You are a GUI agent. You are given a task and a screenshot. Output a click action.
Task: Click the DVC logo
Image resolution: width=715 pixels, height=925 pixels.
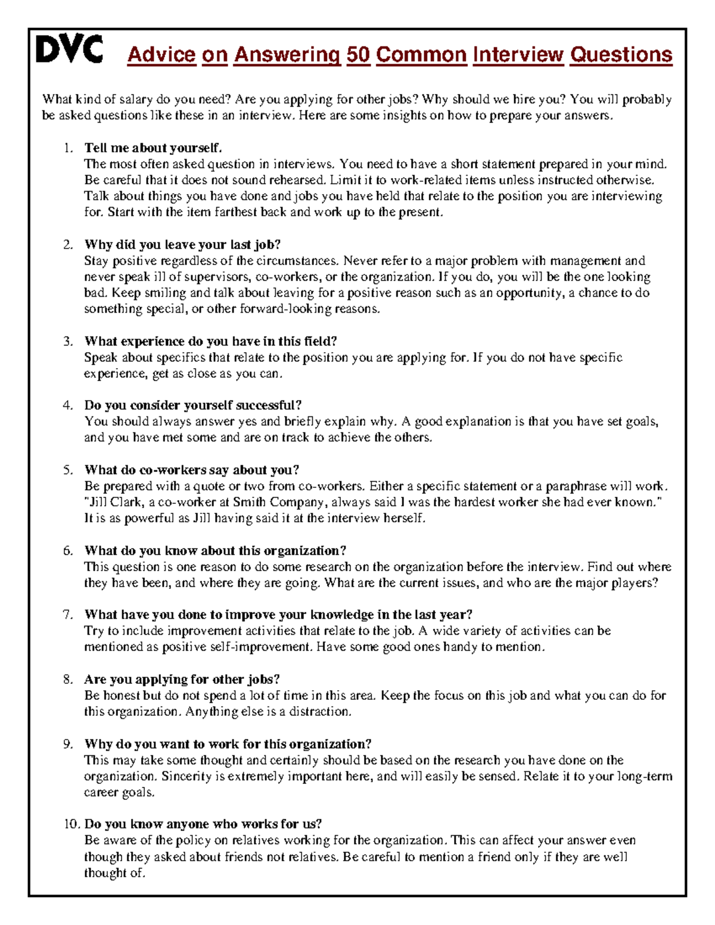pos(69,49)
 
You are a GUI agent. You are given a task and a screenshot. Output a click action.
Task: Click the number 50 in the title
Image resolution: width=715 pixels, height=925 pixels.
pos(357,55)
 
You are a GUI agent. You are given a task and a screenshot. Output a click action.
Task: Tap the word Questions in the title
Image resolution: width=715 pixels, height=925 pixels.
pos(621,55)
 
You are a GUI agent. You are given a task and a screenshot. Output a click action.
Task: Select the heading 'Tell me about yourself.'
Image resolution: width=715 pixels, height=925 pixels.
pos(153,148)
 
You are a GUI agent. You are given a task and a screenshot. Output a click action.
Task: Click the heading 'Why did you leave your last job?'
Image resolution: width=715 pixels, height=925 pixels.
pos(182,244)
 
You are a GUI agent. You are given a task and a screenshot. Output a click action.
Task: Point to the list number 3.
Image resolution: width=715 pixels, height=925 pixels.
pos(68,341)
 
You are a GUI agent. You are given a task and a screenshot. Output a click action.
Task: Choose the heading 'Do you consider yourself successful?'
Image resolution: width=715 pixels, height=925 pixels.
pos(193,406)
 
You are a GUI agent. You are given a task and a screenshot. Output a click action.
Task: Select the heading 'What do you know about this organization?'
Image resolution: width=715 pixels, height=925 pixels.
pos(215,550)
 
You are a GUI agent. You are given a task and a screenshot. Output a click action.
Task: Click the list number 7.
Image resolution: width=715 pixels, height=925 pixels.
pos(68,615)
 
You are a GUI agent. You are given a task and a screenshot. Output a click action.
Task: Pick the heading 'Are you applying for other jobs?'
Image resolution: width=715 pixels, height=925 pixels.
pos(182,680)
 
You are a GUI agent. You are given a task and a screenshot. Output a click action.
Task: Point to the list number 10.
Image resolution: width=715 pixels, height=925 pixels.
pos(71,824)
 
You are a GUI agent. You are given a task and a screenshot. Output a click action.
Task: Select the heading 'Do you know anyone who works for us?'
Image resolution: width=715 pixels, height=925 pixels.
pos(203,824)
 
